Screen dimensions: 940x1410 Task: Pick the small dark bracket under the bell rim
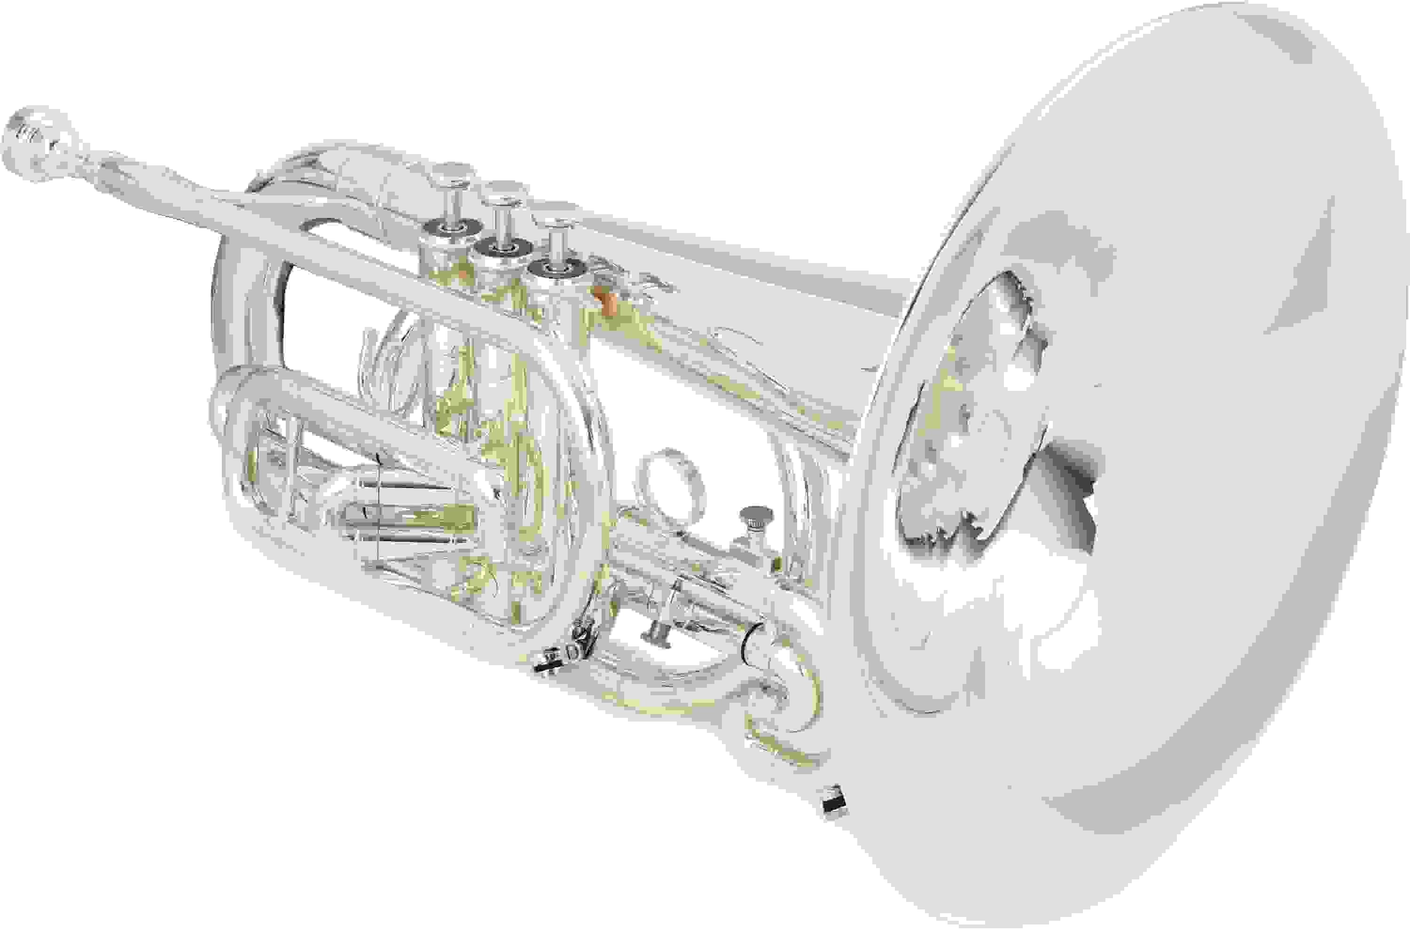(834, 800)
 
